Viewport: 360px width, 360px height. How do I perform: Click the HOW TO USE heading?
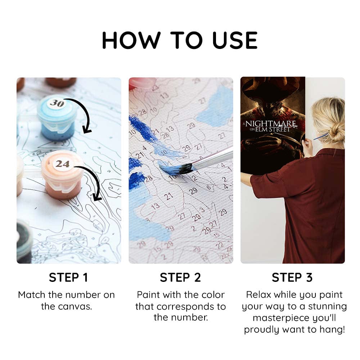[180, 40]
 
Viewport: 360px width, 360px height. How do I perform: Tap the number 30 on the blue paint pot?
[57, 103]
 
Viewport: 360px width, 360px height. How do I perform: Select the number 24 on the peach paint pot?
[62, 164]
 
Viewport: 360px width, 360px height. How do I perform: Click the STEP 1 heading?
[68, 277]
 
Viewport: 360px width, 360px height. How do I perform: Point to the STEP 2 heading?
[180, 277]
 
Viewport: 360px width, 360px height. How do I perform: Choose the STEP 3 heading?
[292, 277]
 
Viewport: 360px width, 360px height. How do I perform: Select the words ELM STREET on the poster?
[273, 129]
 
